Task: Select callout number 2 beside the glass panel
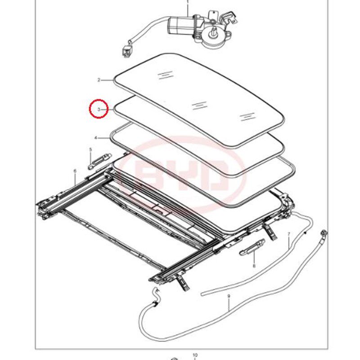click(99, 80)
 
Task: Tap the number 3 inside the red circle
click(99, 109)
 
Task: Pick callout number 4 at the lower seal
click(96, 138)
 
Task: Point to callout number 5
click(90, 150)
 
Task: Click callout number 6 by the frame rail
click(75, 171)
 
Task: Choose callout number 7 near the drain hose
click(289, 234)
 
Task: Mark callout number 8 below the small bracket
click(254, 266)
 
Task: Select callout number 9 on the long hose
click(229, 296)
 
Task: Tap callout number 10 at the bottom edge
click(195, 355)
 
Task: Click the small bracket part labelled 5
click(100, 161)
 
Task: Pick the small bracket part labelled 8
click(252, 247)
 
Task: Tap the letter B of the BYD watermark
click(149, 177)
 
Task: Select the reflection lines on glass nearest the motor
click(165, 75)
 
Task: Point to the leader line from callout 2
click(108, 80)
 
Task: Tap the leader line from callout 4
click(104, 138)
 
